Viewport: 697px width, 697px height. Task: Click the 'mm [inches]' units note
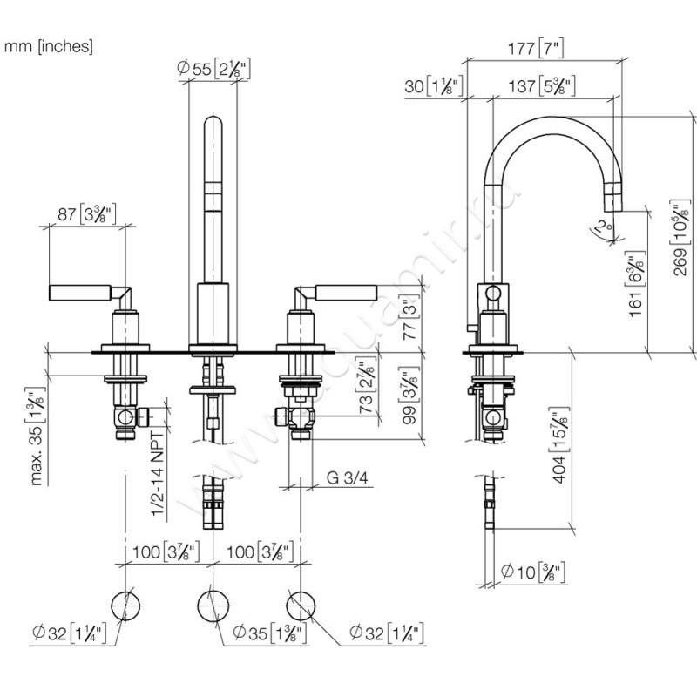click(x=49, y=46)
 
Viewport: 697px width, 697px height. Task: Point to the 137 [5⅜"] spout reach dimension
click(x=540, y=86)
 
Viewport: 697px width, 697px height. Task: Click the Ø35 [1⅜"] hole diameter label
click(x=270, y=633)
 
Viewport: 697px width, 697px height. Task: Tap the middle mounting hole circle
click(x=209, y=604)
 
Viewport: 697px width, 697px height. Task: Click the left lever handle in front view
click(x=78, y=292)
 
